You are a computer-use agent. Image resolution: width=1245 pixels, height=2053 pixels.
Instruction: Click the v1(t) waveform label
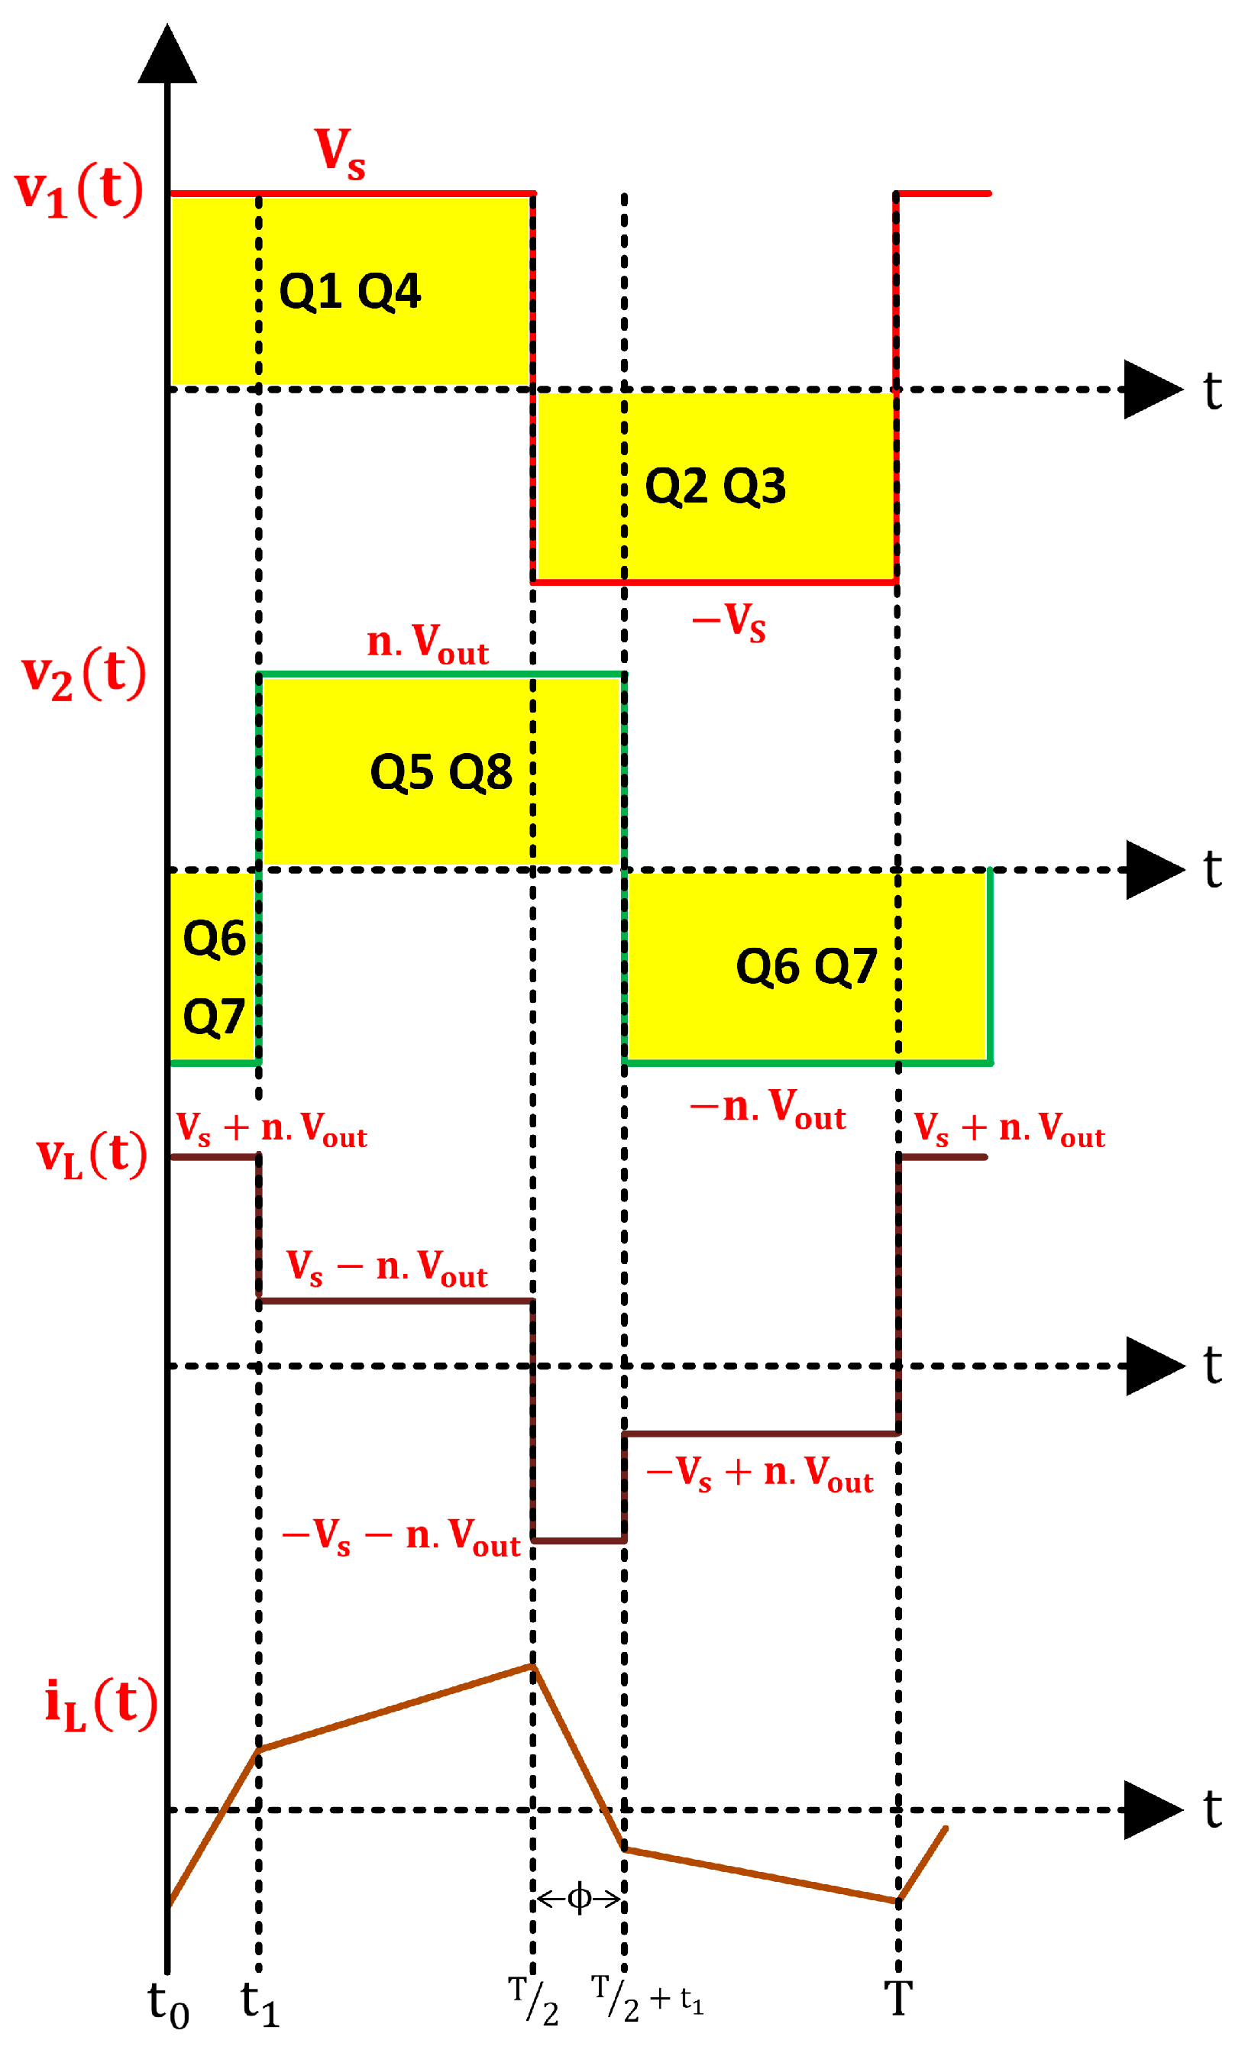pyautogui.click(x=79, y=192)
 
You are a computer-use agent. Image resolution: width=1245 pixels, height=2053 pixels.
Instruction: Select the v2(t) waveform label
pyautogui.click(x=83, y=674)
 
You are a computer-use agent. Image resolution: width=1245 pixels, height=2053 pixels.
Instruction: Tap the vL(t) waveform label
pyautogui.click(x=91, y=1156)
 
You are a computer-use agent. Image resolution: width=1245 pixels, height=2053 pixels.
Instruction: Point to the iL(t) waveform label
pyautogui.click(x=100, y=1703)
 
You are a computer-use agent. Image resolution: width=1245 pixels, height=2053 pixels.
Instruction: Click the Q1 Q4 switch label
pyautogui.click(x=350, y=292)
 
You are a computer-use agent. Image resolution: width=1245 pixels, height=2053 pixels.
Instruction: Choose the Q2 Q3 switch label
pyautogui.click(x=715, y=486)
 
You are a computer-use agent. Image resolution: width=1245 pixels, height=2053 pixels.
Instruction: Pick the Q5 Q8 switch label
pyautogui.click(x=441, y=771)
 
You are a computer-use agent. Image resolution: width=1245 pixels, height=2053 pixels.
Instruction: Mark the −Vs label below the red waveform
pyautogui.click(x=729, y=621)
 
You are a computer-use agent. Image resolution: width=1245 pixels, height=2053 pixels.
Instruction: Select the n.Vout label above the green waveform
pyautogui.click(x=428, y=643)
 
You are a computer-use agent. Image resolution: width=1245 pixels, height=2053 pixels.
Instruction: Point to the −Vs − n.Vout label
pyautogui.click(x=401, y=1537)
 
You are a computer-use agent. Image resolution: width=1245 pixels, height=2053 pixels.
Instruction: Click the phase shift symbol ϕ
pyautogui.click(x=578, y=1899)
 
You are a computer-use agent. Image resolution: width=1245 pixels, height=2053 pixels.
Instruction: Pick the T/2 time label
pyautogui.click(x=533, y=2000)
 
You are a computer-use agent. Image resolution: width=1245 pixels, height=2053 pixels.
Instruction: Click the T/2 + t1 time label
pyautogui.click(x=648, y=2000)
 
